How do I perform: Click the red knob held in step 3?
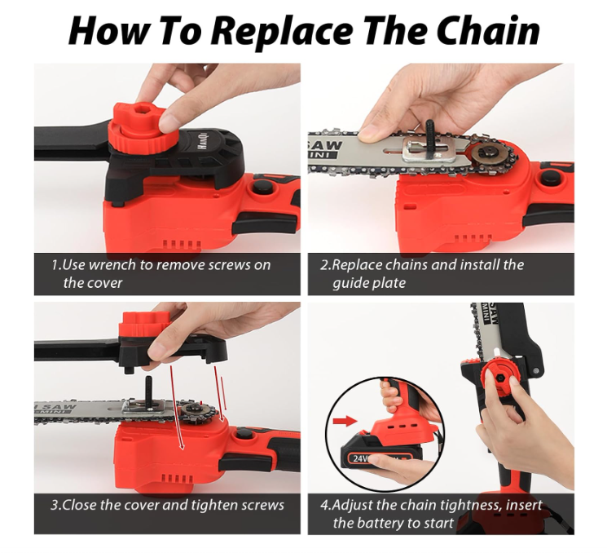click(x=144, y=325)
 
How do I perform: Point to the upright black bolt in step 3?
click(x=149, y=392)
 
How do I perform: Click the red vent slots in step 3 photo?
click(x=177, y=478)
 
